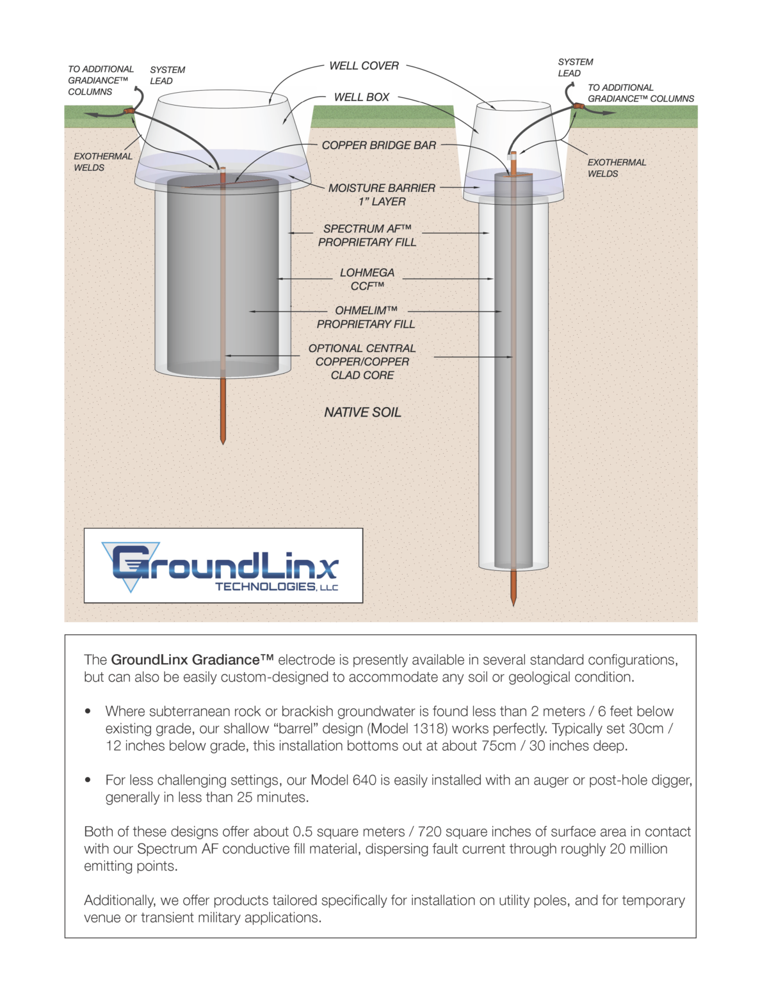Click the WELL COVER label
pyautogui.click(x=364, y=66)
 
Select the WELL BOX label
pyautogui.click(x=362, y=97)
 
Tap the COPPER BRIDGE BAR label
pyautogui.click(x=378, y=145)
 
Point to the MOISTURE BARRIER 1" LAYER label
pyautogui.click(x=382, y=195)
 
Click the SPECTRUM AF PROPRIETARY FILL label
pyautogui.click(x=367, y=236)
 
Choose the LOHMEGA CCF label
pyautogui.click(x=367, y=279)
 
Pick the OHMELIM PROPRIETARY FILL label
pyautogui.click(x=366, y=317)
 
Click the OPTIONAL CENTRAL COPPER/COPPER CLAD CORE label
pyautogui.click(x=362, y=362)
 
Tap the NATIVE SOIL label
pyautogui.click(x=362, y=413)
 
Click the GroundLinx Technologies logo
pyautogui.click(x=223, y=566)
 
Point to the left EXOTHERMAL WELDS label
pyautogui.click(x=102, y=162)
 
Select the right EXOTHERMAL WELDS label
pyautogui.click(x=617, y=168)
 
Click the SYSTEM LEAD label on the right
pyautogui.click(x=575, y=67)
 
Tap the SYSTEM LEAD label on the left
pyautogui.click(x=167, y=76)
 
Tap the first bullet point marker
pyautogui.click(x=88, y=712)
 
